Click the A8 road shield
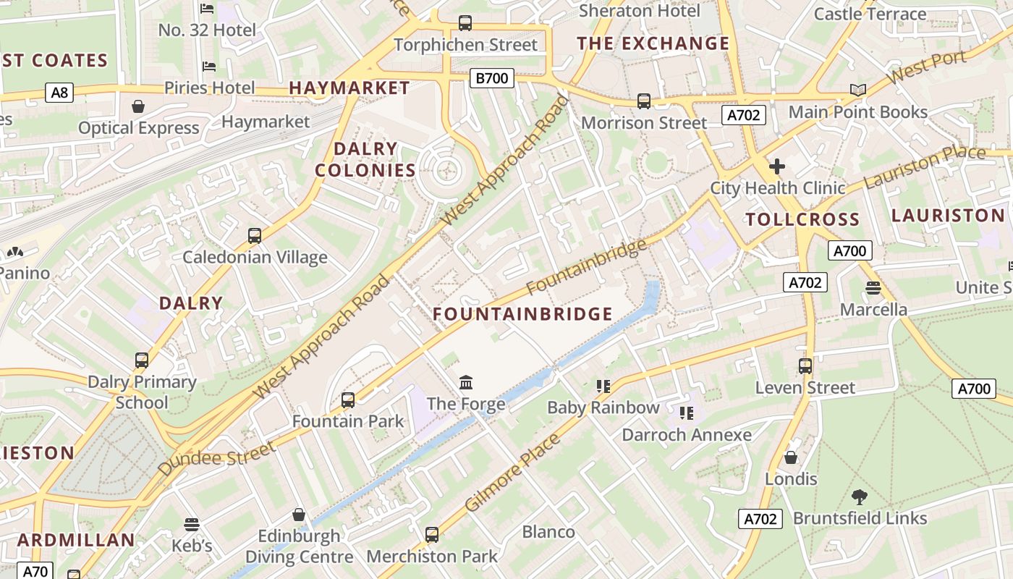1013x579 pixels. coord(59,92)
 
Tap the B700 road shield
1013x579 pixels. coord(491,77)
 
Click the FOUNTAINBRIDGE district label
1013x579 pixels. coord(522,314)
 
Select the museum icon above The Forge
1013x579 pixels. coord(466,381)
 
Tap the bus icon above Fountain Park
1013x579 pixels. coord(348,400)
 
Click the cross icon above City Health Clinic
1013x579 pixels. coord(777,166)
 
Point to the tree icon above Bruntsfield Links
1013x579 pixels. coord(860,496)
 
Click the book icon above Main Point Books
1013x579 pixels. coord(858,90)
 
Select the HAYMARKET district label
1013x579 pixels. coord(349,88)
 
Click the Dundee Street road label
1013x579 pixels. coord(216,459)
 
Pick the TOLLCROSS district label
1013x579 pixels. coord(802,219)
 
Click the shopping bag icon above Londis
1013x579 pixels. coord(791,457)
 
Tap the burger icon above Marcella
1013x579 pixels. coord(873,288)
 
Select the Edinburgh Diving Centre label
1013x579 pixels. coord(299,546)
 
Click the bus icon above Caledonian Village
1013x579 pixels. coord(255,235)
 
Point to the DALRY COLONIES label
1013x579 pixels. coord(365,160)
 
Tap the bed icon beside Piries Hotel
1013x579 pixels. coord(209,67)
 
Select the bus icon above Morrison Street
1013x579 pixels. coord(644,101)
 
